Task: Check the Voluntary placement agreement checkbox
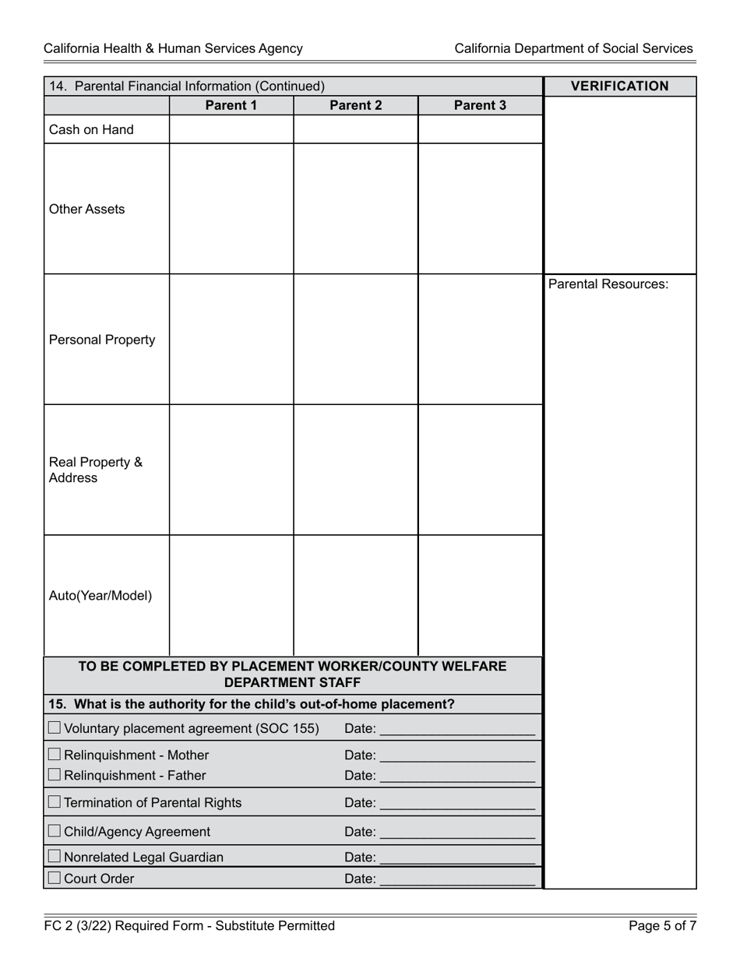(55, 728)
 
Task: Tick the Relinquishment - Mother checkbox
(55, 754)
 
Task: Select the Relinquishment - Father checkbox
(55, 775)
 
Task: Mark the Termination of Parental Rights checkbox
(55, 801)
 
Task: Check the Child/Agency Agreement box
(55, 831)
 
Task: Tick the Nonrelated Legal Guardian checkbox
(55, 856)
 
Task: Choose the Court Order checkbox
(55, 878)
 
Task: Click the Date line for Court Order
(457, 880)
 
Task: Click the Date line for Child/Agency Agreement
(457, 833)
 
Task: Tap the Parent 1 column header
(231, 105)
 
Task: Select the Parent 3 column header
(480, 105)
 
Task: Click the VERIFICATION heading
(619, 86)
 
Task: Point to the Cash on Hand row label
(91, 130)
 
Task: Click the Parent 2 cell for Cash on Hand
(356, 130)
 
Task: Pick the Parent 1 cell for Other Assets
(231, 209)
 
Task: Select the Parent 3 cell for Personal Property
(480, 340)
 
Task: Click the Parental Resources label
(608, 284)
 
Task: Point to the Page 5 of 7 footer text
(663, 926)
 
